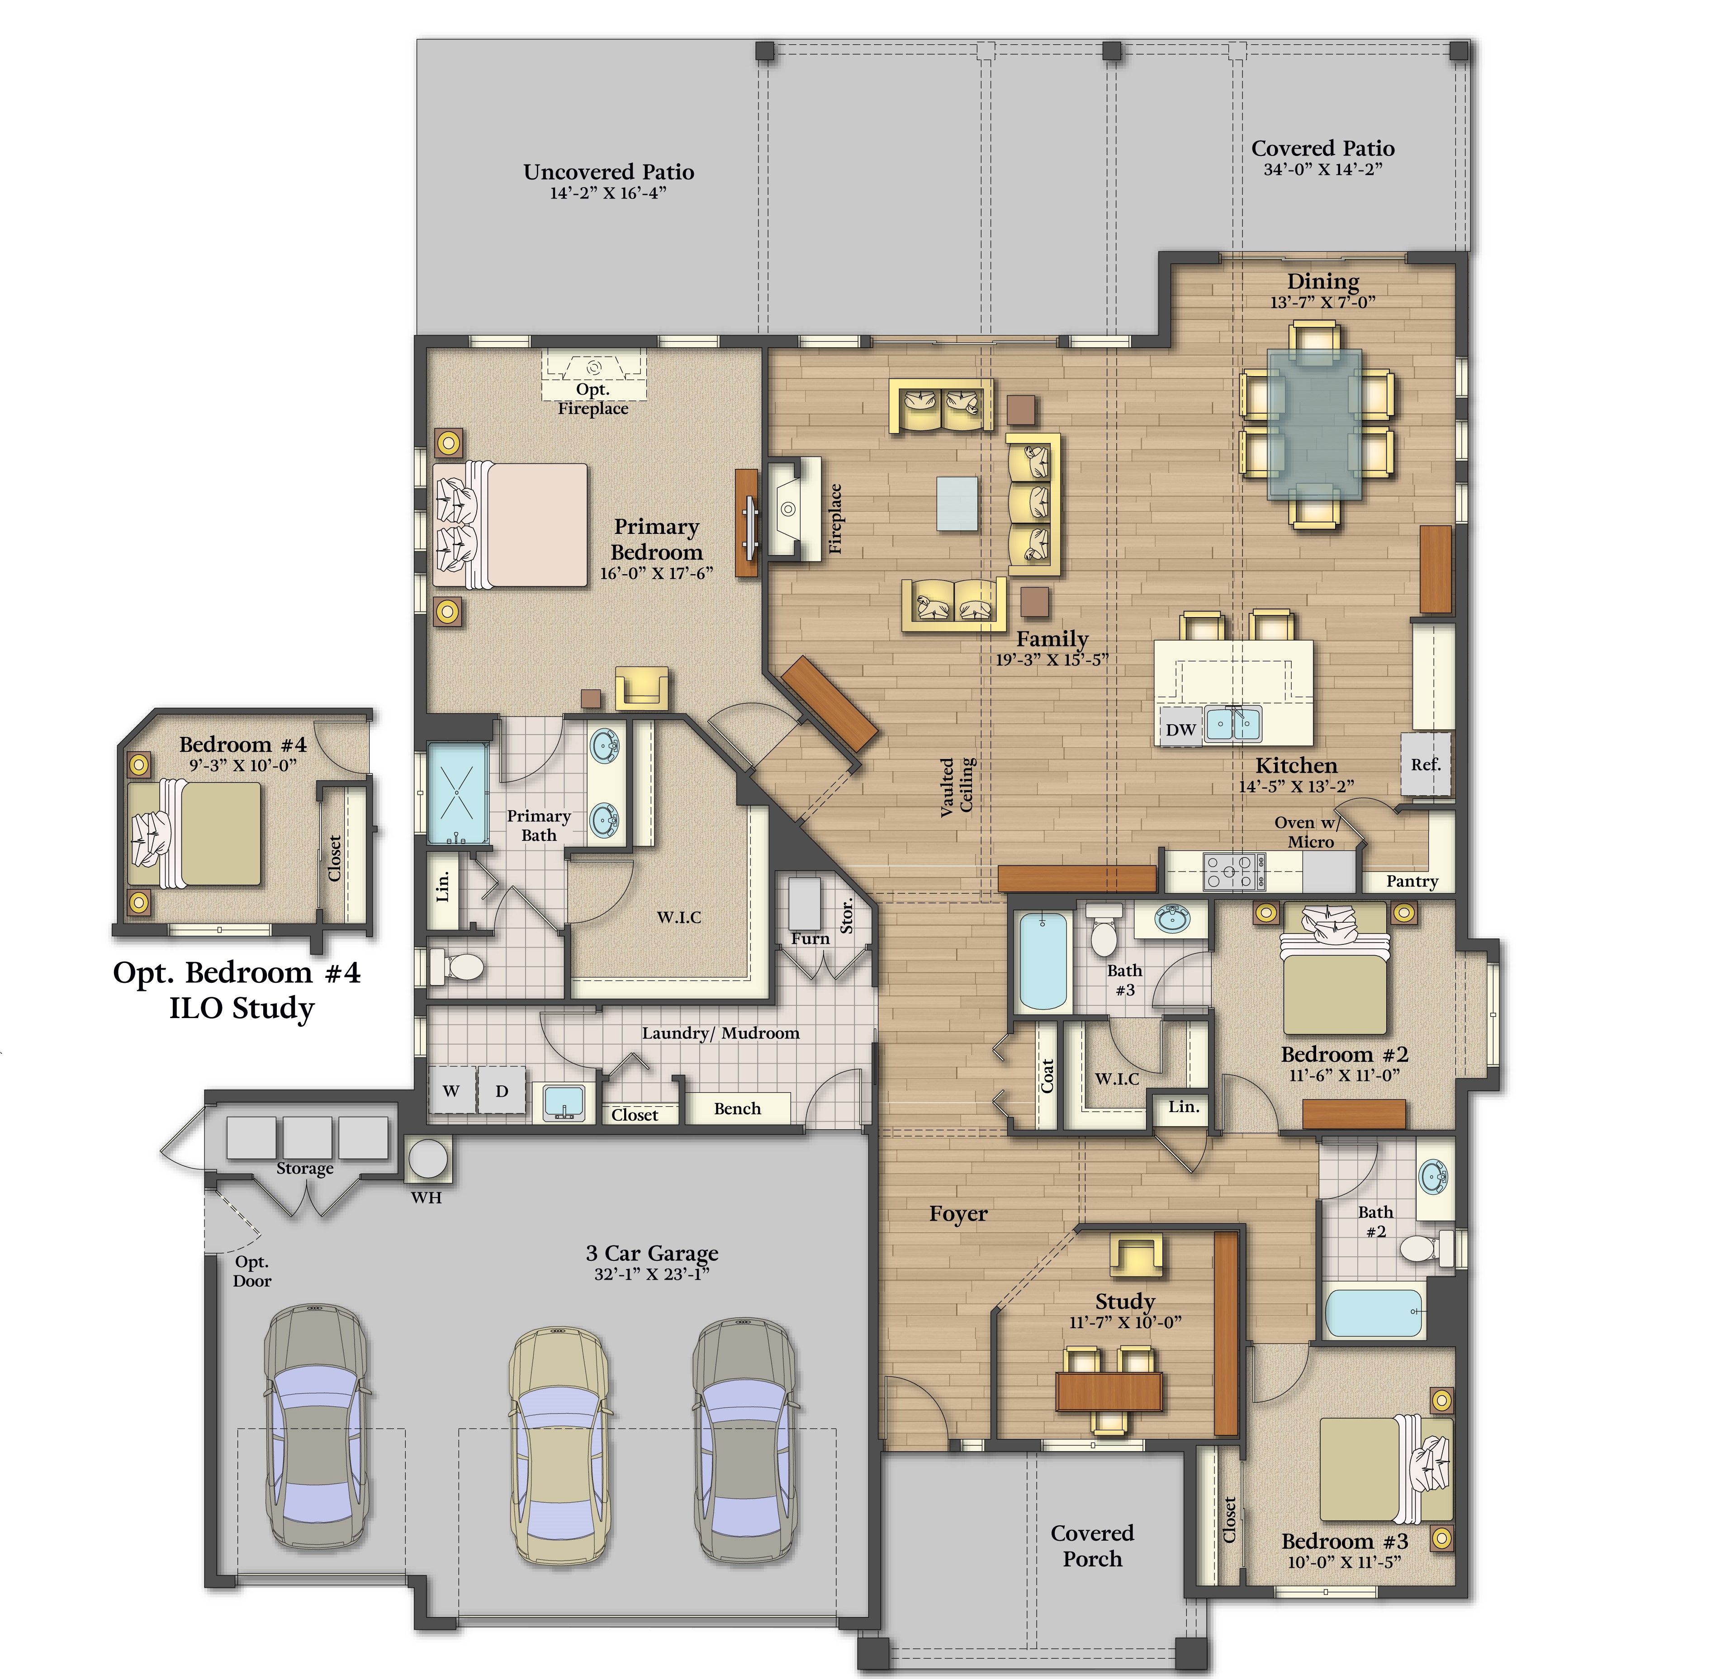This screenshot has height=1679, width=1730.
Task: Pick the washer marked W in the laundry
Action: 451,1090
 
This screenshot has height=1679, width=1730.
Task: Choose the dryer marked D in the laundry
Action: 501,1090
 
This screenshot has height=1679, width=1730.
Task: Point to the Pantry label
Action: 1411,881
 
